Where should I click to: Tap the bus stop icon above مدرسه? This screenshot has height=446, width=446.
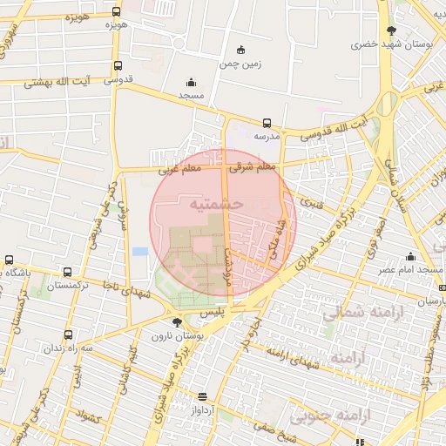(267, 123)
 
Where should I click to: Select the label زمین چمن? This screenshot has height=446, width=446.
(241, 64)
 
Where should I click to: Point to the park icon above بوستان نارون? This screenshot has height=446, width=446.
(178, 322)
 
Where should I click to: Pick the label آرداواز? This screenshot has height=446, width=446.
(199, 409)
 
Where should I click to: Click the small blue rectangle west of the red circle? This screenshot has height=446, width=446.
(140, 252)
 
